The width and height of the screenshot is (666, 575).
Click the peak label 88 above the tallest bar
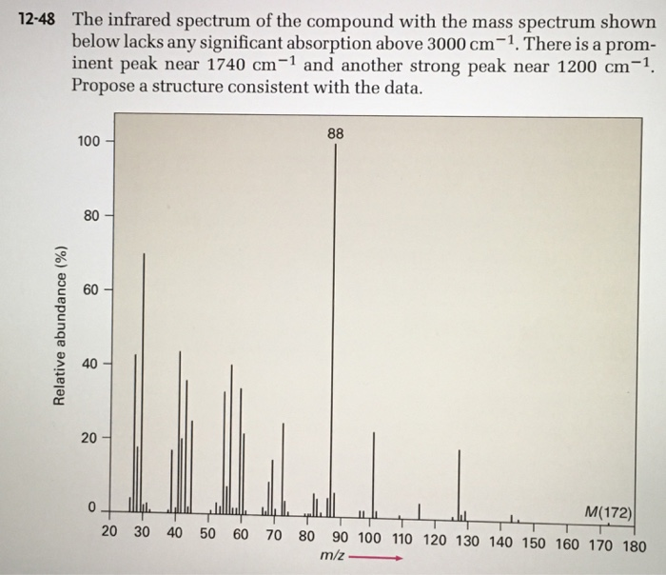(335, 134)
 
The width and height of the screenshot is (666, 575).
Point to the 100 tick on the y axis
(88, 142)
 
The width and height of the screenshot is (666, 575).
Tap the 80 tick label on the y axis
(90, 215)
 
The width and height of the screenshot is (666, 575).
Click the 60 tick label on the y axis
(90, 289)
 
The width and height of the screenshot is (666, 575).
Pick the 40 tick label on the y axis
(90, 364)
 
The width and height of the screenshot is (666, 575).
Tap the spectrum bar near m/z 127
(459, 481)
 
